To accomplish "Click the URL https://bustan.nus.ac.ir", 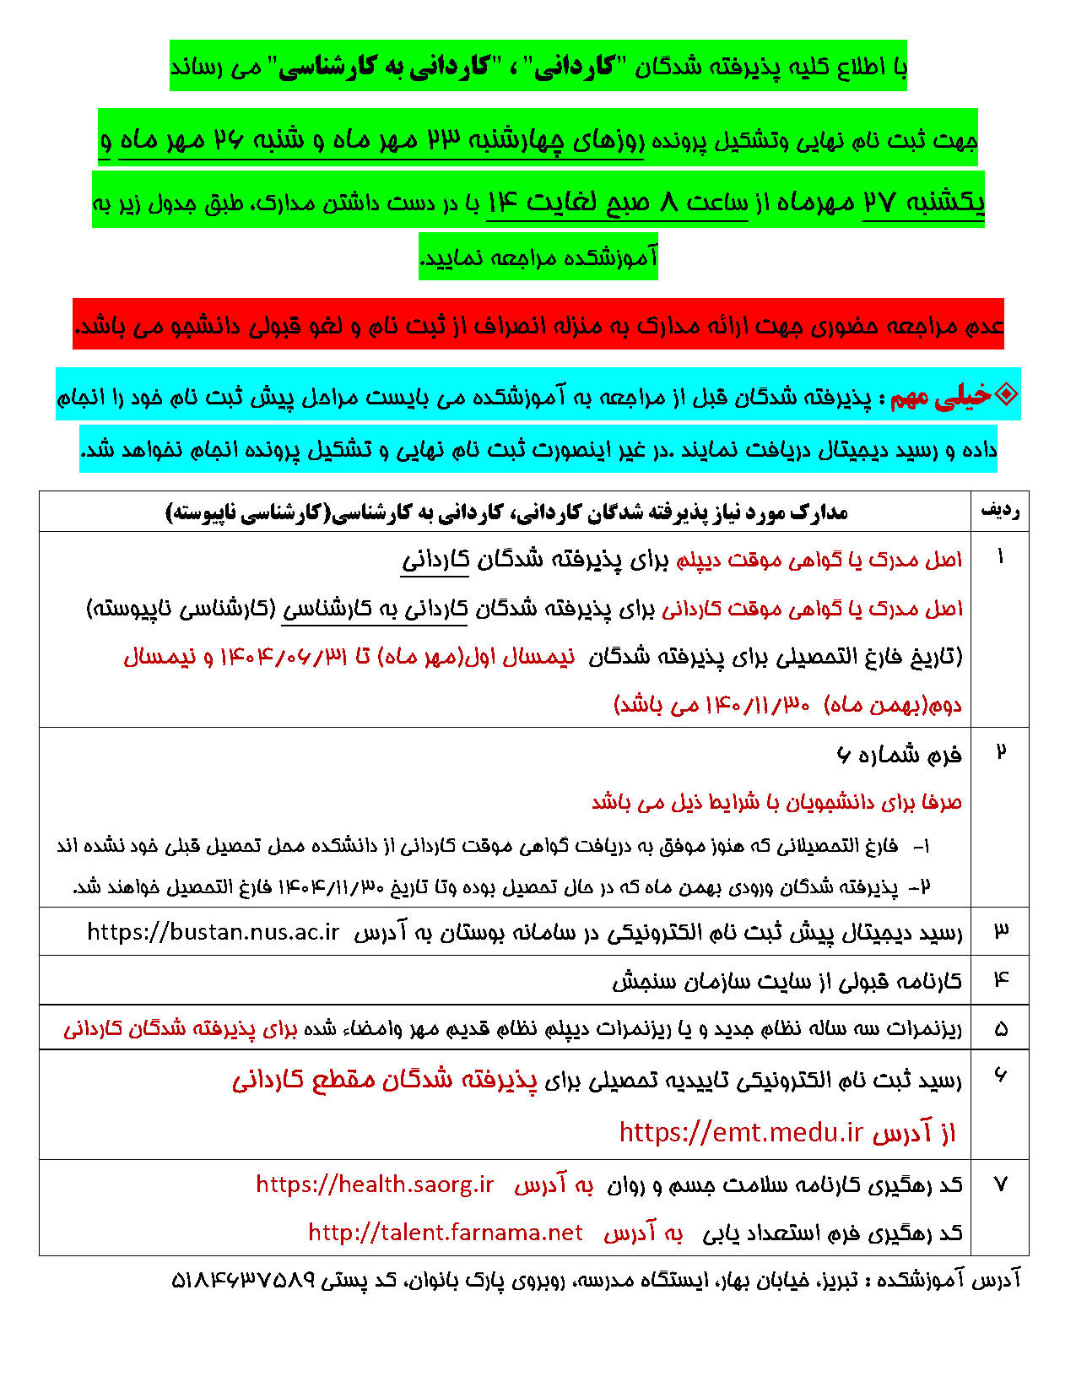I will [x=213, y=932].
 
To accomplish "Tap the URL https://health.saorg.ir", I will [x=375, y=1184].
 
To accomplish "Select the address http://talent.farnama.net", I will [x=445, y=1233].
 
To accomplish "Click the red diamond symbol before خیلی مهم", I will [x=1007, y=394].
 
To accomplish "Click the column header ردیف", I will [x=1000, y=511].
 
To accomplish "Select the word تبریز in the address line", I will [x=835, y=1281].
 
